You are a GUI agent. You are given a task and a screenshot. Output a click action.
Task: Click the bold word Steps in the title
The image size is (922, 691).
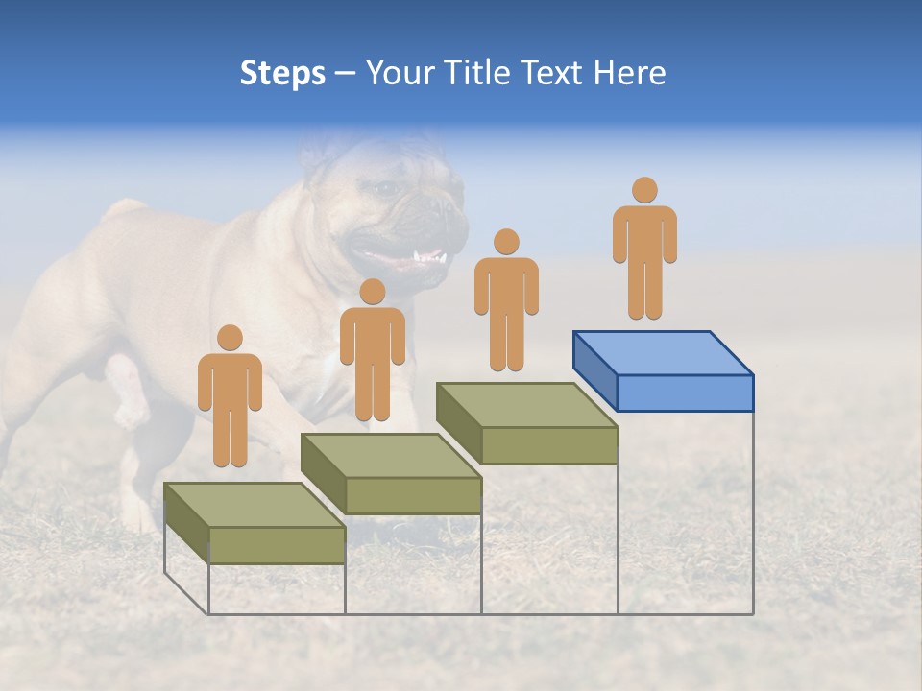[282, 74]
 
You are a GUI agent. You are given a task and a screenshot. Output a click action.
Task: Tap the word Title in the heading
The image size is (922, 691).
[480, 74]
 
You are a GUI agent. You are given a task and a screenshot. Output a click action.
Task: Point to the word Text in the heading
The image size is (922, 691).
[554, 74]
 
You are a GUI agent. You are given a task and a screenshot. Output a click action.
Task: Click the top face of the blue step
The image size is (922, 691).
[663, 352]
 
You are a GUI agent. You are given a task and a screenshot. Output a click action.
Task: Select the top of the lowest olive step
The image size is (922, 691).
[255, 505]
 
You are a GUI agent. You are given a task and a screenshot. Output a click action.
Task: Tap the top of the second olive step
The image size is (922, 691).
[391, 455]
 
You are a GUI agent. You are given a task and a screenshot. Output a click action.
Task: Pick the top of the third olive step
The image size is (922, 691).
[526, 404]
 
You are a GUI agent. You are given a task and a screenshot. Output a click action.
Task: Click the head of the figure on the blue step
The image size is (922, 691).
[644, 190]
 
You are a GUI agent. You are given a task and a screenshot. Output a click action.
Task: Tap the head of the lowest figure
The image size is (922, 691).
[230, 338]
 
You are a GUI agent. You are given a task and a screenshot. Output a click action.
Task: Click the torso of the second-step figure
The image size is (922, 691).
[373, 336]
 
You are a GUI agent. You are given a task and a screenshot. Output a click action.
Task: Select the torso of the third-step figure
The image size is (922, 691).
[506, 286]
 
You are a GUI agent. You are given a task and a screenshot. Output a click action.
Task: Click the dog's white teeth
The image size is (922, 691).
[428, 257]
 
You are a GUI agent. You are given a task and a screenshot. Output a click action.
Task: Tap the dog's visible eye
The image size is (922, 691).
[387, 189]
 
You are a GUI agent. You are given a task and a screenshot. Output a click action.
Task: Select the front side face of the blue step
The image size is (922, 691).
[685, 393]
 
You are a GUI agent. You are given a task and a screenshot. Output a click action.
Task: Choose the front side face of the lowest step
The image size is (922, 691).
[277, 545]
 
